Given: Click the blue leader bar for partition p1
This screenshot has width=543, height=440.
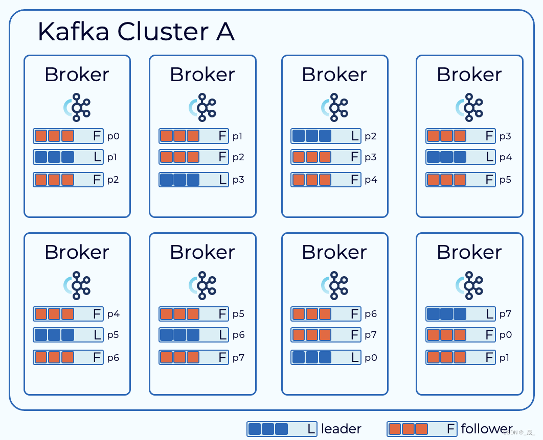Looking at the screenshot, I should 68,157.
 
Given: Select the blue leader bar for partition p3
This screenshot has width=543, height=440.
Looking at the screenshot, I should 194,180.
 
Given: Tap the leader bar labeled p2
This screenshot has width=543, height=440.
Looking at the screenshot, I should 326,136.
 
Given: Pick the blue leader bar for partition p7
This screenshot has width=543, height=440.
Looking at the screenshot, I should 461,314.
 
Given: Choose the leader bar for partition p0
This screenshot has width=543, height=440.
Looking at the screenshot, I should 326,357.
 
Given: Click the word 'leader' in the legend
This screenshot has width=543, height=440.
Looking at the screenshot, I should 341,429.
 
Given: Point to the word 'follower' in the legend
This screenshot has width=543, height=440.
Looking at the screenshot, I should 486,429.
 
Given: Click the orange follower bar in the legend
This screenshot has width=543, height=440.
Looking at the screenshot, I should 422,429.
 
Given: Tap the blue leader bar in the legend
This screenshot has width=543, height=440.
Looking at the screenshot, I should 282,429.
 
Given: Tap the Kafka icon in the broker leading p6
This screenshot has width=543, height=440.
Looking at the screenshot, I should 202,285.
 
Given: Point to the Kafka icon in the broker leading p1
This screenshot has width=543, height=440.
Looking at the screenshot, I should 77,107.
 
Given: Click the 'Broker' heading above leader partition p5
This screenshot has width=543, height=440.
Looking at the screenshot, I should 77,252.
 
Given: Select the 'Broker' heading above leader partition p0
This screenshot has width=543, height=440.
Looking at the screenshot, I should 334,252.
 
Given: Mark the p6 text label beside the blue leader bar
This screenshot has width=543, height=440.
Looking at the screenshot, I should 239,335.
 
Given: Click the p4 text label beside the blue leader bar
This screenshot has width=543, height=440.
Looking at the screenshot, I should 506,157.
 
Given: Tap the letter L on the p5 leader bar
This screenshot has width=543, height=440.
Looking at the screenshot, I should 97,335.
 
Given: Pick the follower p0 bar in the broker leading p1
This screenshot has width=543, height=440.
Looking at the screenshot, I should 68,136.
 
